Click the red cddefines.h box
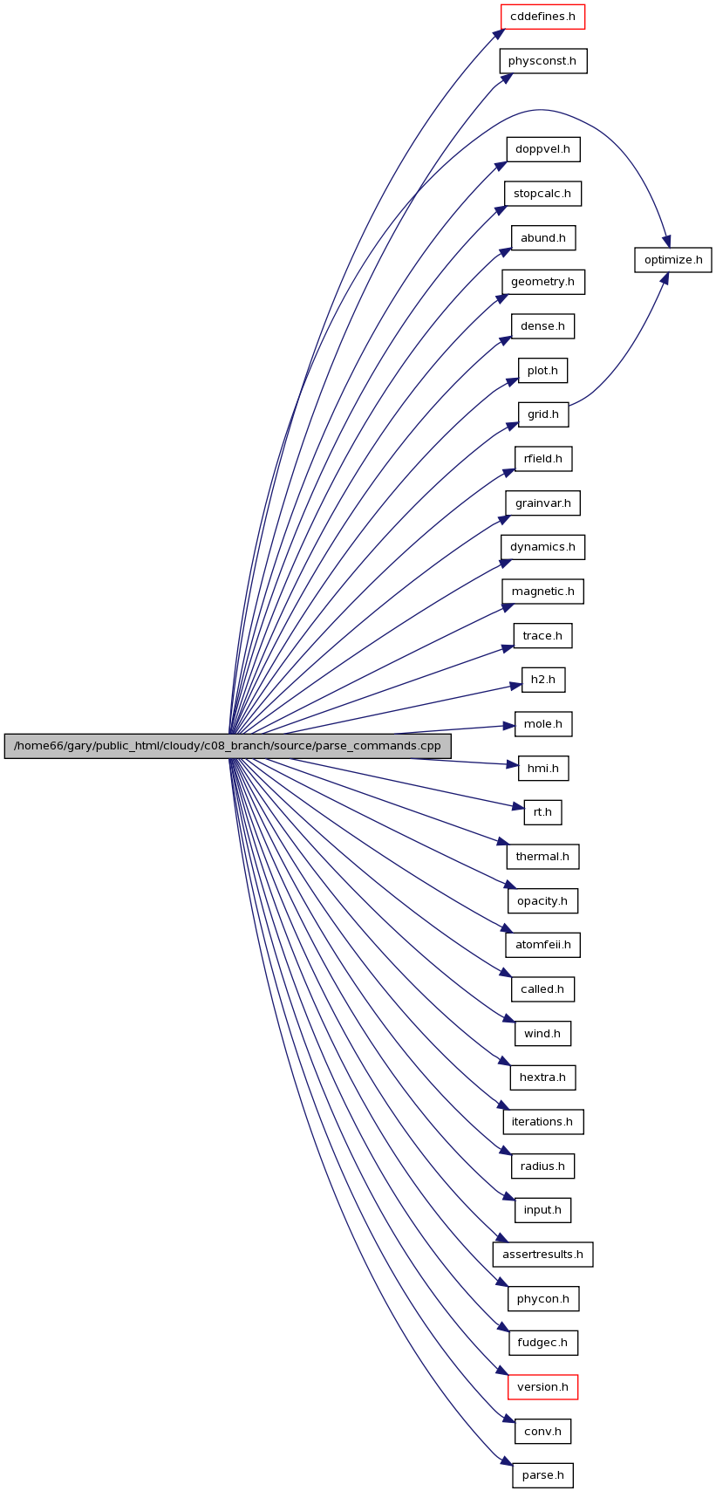[542, 17]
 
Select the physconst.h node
[543, 61]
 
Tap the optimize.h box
[672, 260]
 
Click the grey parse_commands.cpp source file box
[228, 745]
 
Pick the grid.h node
[543, 414]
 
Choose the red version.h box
[542, 1387]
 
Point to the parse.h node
[542, 1475]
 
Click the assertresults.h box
[542, 1255]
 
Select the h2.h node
[543, 680]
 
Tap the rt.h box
[542, 813]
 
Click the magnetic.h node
[542, 592]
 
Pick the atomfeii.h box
[542, 945]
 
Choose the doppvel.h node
[542, 150]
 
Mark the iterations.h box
[542, 1122]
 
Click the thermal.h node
[542, 857]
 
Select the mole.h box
[543, 724]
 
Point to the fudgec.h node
[542, 1344]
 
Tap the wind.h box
[542, 1034]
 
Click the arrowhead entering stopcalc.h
[500, 209]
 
